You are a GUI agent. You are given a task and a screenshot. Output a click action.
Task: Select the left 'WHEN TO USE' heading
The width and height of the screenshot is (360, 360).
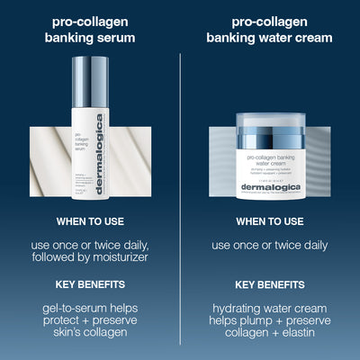click(90, 220)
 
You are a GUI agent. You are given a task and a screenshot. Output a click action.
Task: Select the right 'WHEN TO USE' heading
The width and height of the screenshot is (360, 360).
click(269, 220)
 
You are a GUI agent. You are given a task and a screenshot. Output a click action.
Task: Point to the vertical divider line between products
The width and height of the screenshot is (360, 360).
click(180, 180)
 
